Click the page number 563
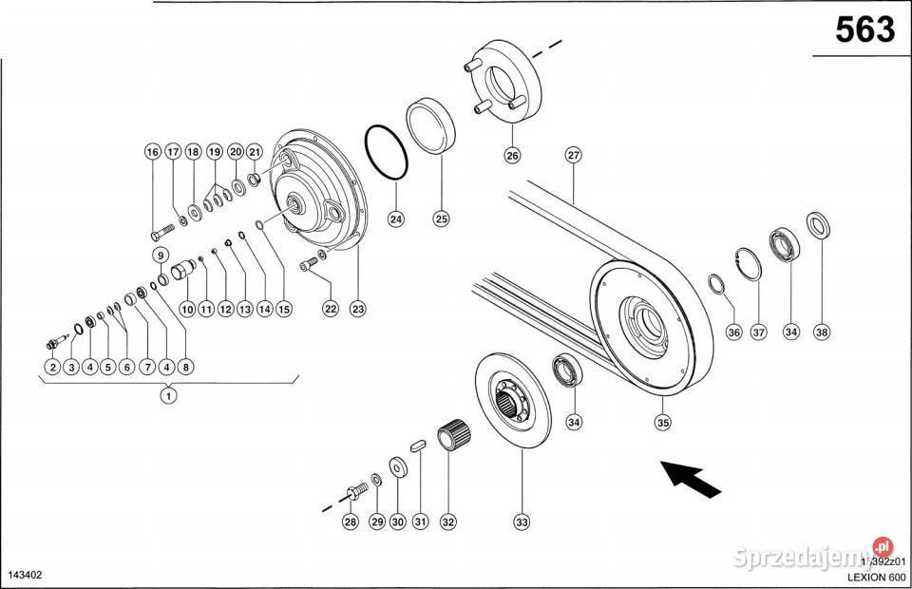click(864, 30)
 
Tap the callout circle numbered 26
click(512, 156)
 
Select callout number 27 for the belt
click(572, 156)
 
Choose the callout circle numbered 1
click(168, 396)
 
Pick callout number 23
click(357, 308)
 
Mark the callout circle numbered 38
click(822, 332)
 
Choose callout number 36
click(733, 332)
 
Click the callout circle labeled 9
click(161, 255)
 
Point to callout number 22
click(330, 308)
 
